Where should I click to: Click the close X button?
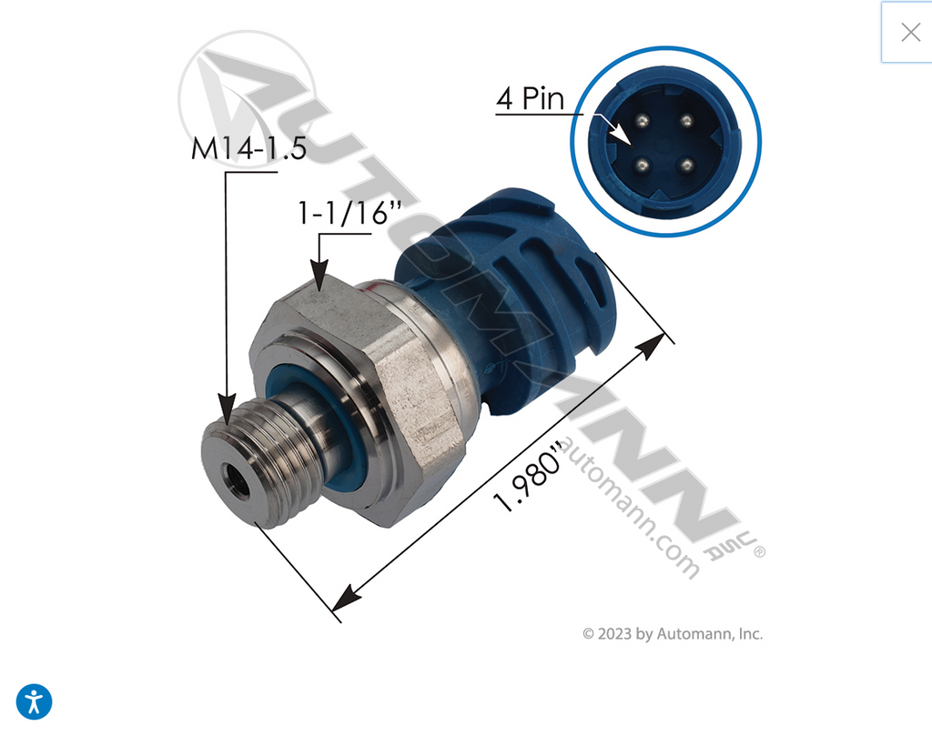[910, 32]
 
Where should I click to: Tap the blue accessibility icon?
[34, 701]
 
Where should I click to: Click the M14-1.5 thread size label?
[248, 148]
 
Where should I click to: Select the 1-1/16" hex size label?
[349, 213]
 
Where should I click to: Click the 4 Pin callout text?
[531, 98]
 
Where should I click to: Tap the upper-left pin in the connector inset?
[642, 121]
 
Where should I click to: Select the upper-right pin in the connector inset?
[686, 121]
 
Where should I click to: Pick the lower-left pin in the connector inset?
[642, 166]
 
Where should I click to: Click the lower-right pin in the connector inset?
[686, 165]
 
